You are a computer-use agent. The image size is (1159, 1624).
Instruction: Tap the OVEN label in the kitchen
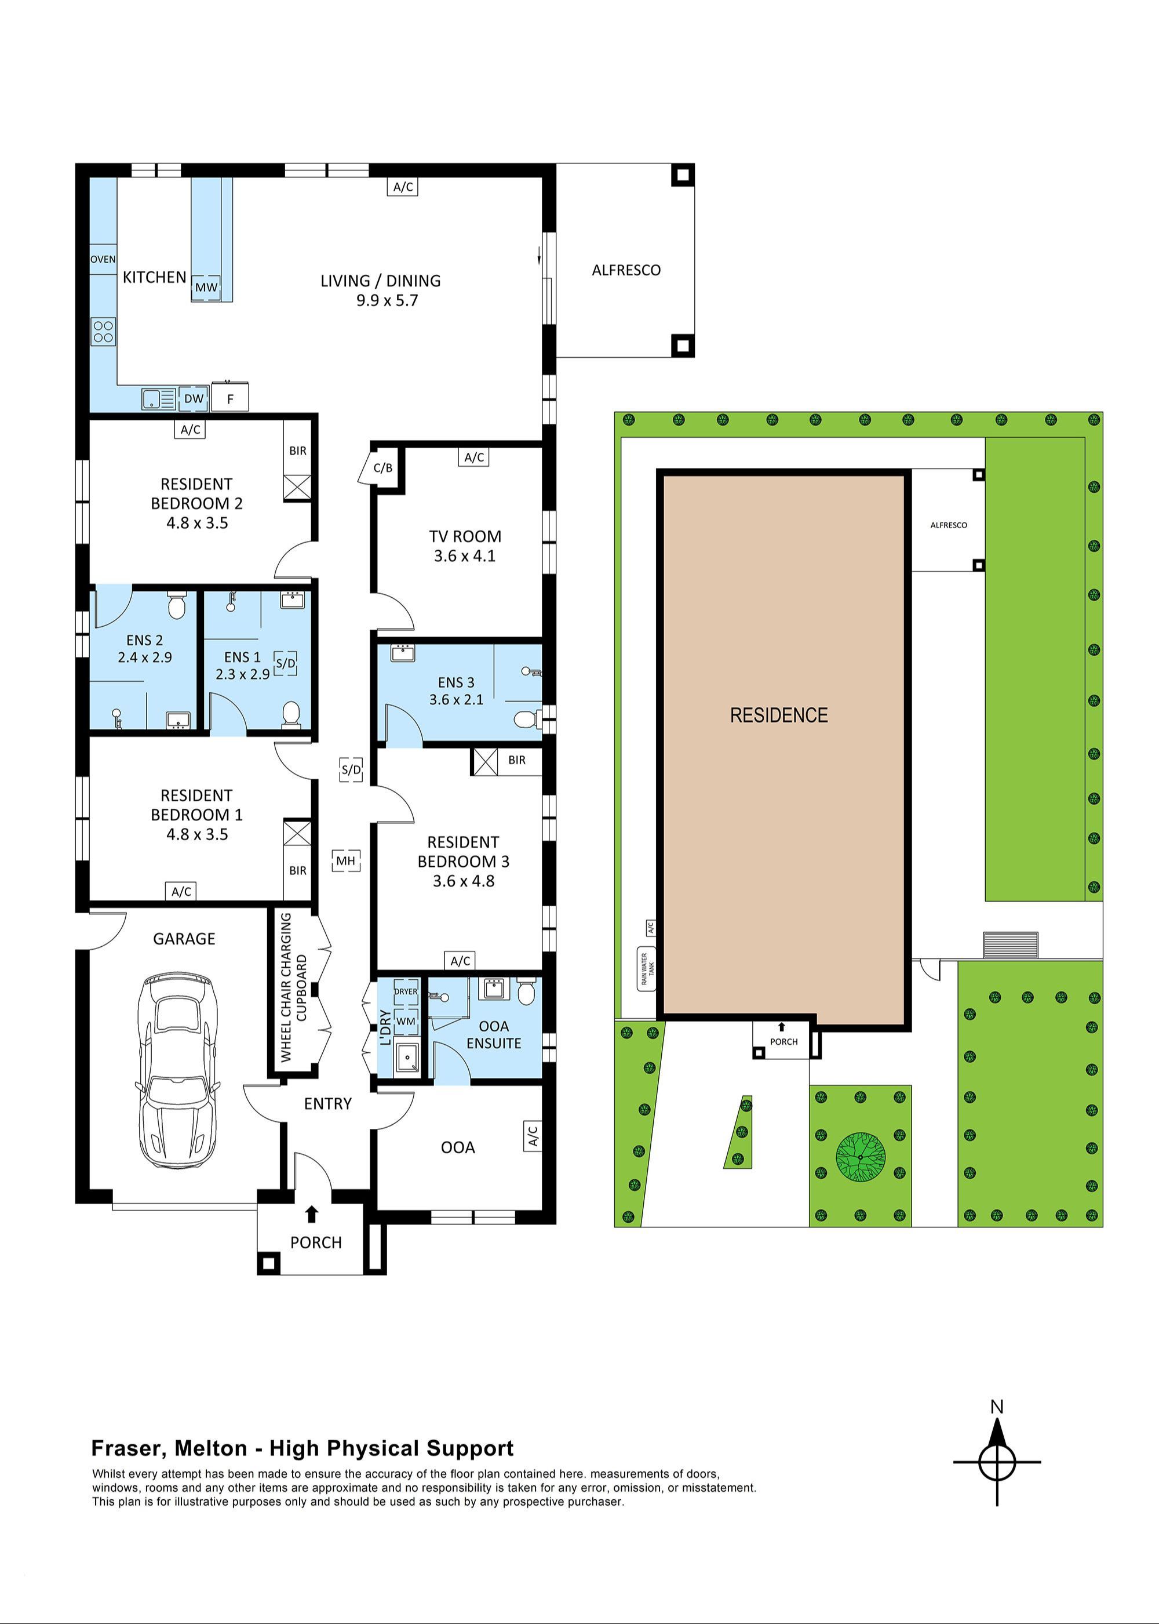103,259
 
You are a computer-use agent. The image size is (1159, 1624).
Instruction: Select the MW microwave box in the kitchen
206,288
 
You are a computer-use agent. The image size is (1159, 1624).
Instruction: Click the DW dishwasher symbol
194,398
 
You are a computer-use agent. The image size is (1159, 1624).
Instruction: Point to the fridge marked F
230,399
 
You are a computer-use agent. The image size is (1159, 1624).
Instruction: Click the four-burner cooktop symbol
104,332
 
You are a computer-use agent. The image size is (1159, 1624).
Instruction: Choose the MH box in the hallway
345,860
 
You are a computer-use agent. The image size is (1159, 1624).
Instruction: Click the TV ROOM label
465,536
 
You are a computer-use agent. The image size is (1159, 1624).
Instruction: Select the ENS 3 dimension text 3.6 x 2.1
456,700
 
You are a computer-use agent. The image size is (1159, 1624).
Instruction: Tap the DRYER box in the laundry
406,991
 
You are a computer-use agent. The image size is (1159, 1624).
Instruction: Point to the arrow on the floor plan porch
311,1214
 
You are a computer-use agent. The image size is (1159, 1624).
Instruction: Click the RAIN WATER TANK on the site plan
647,969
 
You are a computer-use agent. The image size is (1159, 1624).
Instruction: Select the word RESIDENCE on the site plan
779,715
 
